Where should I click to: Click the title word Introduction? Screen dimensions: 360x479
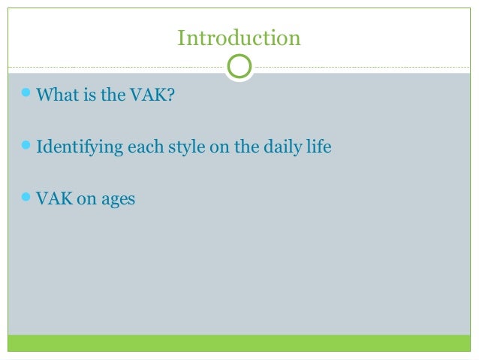coord(239,37)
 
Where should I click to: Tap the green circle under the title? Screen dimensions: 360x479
coord(239,67)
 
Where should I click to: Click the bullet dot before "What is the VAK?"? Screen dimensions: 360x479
coord(27,95)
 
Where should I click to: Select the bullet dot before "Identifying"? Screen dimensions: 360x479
coord(27,146)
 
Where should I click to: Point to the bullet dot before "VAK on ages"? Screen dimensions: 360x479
coord(27,198)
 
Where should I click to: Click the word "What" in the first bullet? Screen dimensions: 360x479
coord(54,95)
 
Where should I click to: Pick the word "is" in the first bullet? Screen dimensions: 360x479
coord(85,95)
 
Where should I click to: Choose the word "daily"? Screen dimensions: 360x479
coord(289,147)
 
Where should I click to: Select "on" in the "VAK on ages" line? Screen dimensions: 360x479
coord(83,200)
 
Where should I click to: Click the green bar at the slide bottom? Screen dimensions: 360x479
coord(239,343)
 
